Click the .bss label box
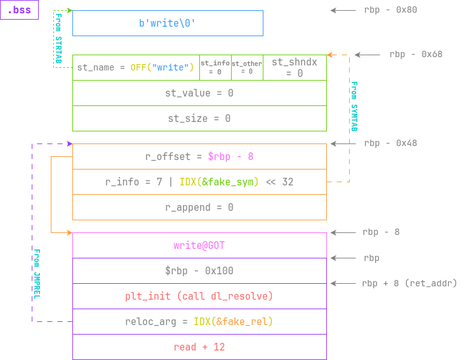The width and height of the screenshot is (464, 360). pyautogui.click(x=19, y=10)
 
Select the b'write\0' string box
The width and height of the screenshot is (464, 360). pyautogui.click(x=168, y=23)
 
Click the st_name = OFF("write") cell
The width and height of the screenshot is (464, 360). pyautogui.click(x=136, y=67)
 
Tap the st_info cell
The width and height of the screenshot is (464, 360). pyautogui.click(x=215, y=67)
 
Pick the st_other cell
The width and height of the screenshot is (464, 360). pyautogui.click(x=247, y=67)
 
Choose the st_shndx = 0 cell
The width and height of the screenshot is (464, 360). pyautogui.click(x=295, y=67)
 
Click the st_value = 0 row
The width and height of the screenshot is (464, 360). pyautogui.click(x=199, y=93)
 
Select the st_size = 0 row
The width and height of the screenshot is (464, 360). pyautogui.click(x=199, y=118)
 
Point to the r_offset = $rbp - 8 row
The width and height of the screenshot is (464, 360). pyautogui.click(x=199, y=156)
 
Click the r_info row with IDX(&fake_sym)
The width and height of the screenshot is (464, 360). pyautogui.click(x=199, y=182)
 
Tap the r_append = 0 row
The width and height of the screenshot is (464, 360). pyautogui.click(x=199, y=207)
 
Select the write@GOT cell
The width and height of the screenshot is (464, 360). pyautogui.click(x=199, y=245)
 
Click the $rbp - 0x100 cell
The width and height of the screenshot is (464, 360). pyautogui.click(x=199, y=270)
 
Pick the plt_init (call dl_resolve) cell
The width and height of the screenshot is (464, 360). pyautogui.click(x=199, y=296)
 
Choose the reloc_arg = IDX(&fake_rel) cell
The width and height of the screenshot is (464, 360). pyautogui.click(x=199, y=321)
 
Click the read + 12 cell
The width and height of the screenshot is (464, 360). pyautogui.click(x=199, y=347)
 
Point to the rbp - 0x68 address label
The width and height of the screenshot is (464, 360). pyautogui.click(x=416, y=55)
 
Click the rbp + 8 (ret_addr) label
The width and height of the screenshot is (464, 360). pyautogui.click(x=409, y=283)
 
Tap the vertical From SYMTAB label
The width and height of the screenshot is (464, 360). pyautogui.click(x=354, y=106)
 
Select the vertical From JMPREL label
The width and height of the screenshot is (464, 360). pyautogui.click(x=37, y=274)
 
